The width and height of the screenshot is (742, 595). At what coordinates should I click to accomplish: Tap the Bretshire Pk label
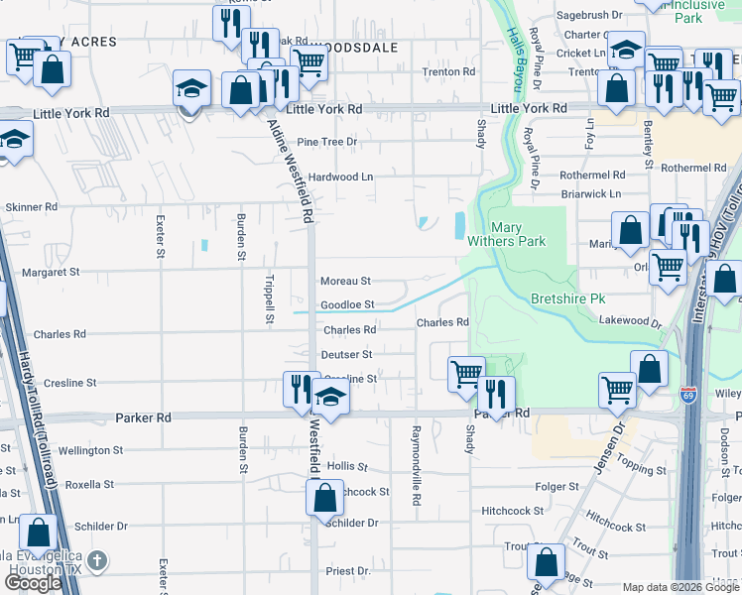tap(567, 298)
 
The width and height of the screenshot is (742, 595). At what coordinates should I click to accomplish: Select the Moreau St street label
tap(345, 282)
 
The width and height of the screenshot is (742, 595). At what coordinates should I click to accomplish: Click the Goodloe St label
tap(347, 305)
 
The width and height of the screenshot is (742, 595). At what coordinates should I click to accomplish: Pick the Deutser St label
tap(345, 354)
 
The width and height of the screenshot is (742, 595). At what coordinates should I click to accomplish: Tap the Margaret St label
tap(51, 272)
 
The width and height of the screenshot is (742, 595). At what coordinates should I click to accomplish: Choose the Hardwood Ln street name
tap(340, 178)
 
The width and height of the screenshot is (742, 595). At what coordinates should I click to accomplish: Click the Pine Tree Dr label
tap(325, 142)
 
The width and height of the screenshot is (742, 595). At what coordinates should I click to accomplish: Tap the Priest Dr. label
tap(347, 571)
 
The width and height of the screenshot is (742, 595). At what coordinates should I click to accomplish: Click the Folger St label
tap(556, 487)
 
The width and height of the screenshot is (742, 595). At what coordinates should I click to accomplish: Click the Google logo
tap(33, 583)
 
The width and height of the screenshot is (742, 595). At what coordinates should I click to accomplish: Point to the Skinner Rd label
tap(32, 207)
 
